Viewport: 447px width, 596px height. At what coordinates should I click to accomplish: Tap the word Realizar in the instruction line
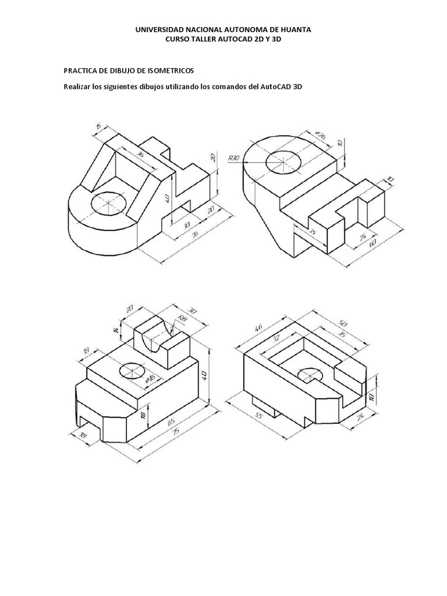coord(77,87)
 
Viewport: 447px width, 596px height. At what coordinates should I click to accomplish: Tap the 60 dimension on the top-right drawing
coord(371,243)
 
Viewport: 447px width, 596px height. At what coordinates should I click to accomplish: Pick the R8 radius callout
coord(182,318)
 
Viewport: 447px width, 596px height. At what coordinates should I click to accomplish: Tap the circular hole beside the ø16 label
coord(132,371)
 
